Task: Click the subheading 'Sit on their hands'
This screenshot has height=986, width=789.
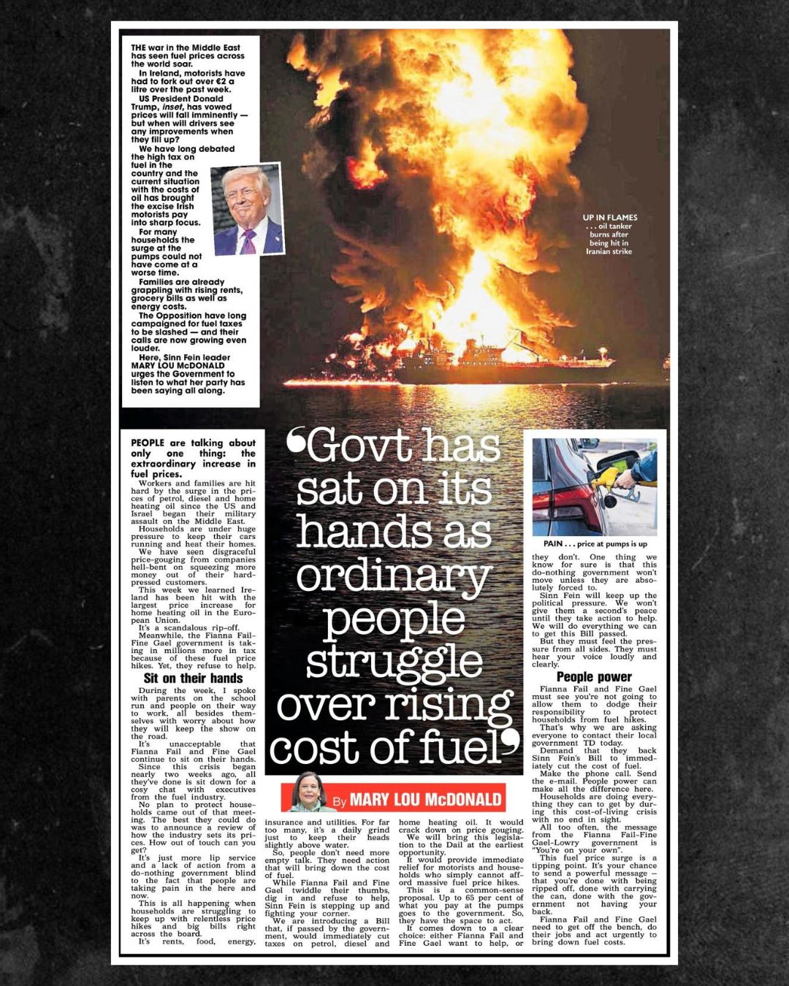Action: point(194,678)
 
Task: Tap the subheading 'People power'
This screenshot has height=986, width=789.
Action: point(594,676)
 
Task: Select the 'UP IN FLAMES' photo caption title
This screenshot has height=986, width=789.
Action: point(609,218)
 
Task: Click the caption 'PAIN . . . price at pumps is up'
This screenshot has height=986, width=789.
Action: point(595,543)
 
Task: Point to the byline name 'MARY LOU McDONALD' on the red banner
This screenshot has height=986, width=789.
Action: point(426,799)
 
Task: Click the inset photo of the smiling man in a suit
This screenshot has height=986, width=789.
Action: point(247,210)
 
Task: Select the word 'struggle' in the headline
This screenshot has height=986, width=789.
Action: point(394,662)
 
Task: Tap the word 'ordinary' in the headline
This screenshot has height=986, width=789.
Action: point(394,576)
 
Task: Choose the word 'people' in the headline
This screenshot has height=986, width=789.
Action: point(394,619)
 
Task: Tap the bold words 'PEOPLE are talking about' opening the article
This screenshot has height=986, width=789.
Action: point(193,443)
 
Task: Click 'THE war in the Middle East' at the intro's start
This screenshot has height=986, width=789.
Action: point(186,48)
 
